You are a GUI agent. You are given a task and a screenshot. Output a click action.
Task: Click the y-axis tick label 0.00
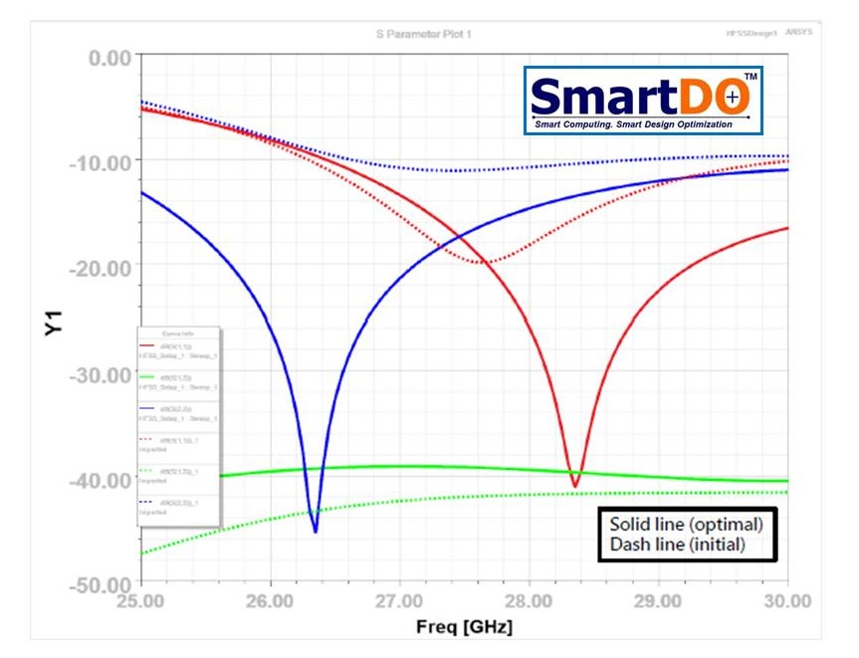click(x=109, y=57)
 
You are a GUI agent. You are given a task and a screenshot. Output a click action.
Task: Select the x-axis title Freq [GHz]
click(x=465, y=628)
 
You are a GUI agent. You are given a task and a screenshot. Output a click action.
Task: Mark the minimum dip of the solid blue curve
click(x=316, y=531)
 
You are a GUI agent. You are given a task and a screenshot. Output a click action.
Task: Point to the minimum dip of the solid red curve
click(x=574, y=486)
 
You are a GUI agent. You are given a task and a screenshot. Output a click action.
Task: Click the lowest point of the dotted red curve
click(x=485, y=263)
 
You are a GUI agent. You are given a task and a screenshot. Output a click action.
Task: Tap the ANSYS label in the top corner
click(x=799, y=33)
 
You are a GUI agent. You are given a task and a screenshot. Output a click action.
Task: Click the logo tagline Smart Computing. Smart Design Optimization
click(x=633, y=124)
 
